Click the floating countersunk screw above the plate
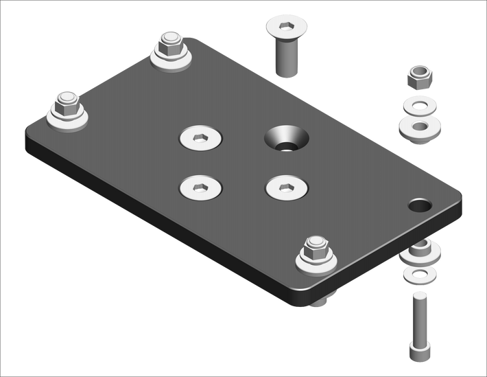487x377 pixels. point(285,45)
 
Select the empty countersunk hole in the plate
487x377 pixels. point(287,139)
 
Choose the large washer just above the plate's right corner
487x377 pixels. point(420,128)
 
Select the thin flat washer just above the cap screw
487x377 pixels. point(420,275)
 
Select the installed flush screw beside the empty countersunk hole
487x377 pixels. point(202,138)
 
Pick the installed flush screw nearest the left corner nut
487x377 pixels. point(201,186)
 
